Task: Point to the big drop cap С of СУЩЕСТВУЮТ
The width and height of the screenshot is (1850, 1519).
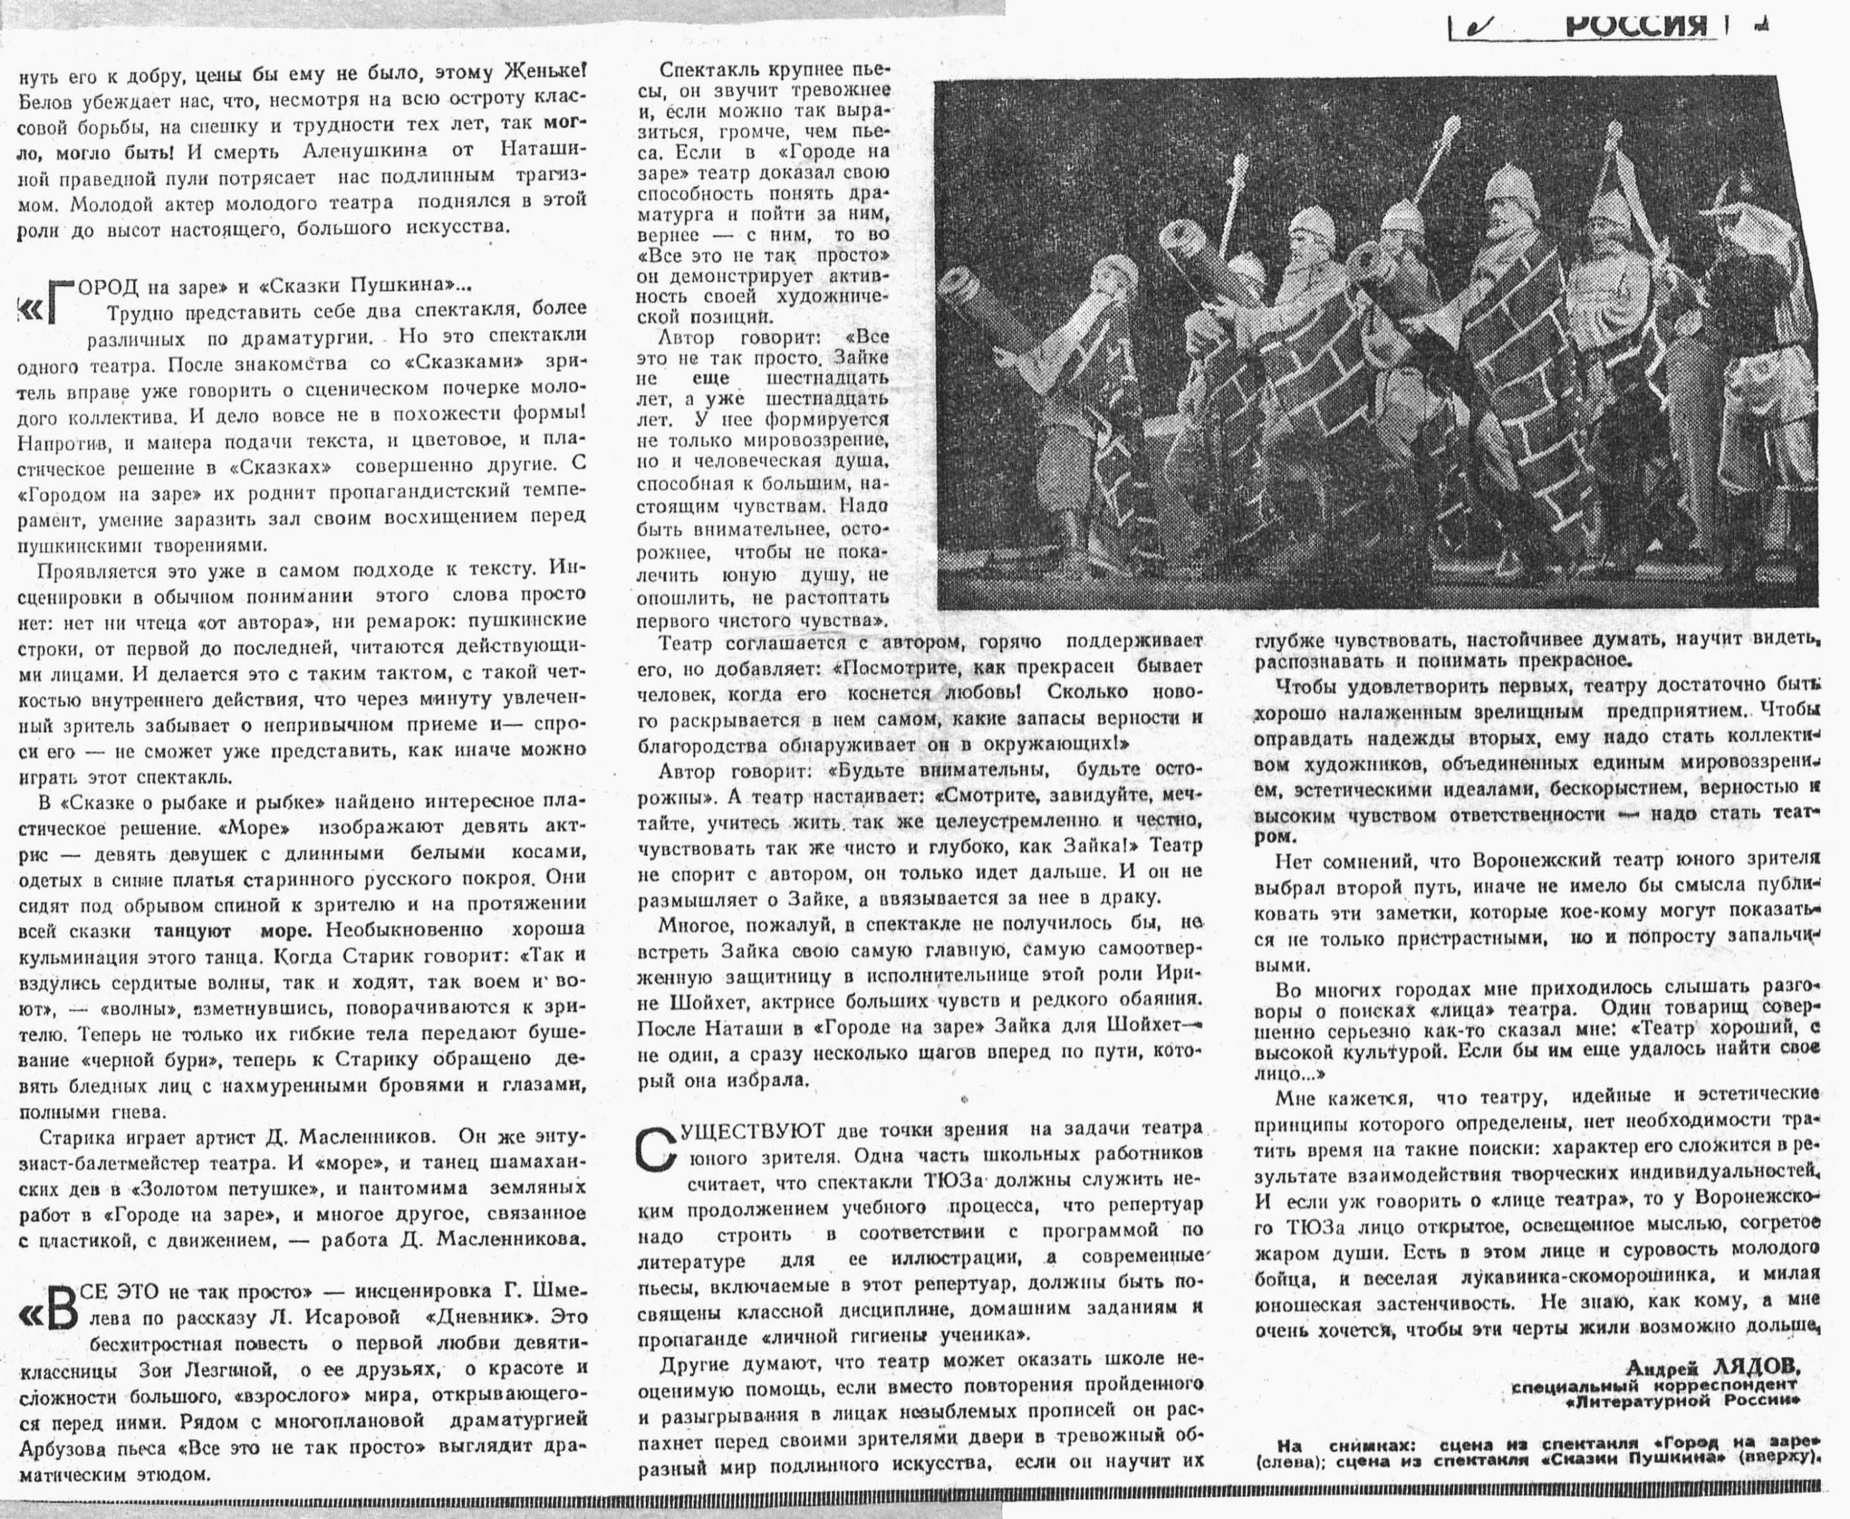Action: point(657,1149)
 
